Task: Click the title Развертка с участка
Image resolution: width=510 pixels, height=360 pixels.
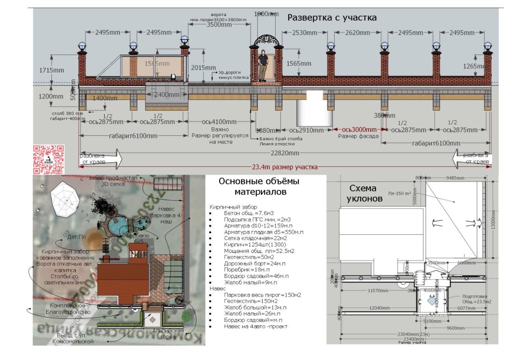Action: click(x=332, y=18)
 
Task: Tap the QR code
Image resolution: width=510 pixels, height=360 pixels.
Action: click(x=48, y=159)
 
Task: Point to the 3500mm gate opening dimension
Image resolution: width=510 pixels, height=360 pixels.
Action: click(x=219, y=25)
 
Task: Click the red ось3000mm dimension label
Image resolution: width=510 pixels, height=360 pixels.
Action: click(x=359, y=129)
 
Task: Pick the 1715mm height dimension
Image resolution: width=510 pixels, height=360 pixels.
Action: click(x=51, y=70)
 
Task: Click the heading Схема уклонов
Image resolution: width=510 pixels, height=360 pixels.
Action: click(x=363, y=193)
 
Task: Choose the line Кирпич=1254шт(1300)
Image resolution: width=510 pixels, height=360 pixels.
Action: click(x=255, y=245)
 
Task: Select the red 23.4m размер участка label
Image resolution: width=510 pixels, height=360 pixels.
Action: click(x=285, y=167)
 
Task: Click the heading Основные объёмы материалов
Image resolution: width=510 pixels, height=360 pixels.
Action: click(x=259, y=186)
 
